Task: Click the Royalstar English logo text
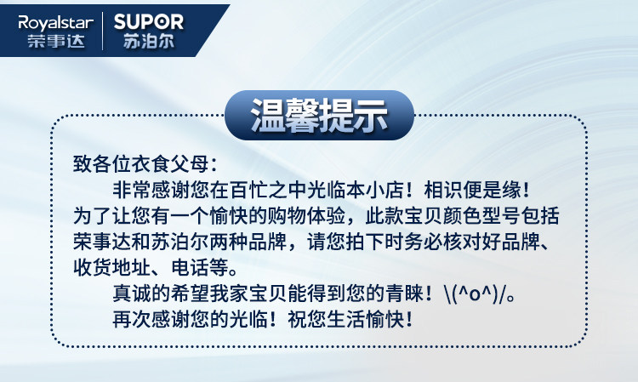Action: click(x=56, y=23)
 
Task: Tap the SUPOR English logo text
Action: click(x=149, y=21)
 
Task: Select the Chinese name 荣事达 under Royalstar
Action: click(x=56, y=41)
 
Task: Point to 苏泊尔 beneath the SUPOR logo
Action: click(x=149, y=41)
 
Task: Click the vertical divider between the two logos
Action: click(x=102, y=31)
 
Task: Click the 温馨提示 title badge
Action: click(x=319, y=115)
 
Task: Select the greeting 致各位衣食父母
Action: click(x=141, y=164)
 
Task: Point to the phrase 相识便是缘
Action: click(x=472, y=190)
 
